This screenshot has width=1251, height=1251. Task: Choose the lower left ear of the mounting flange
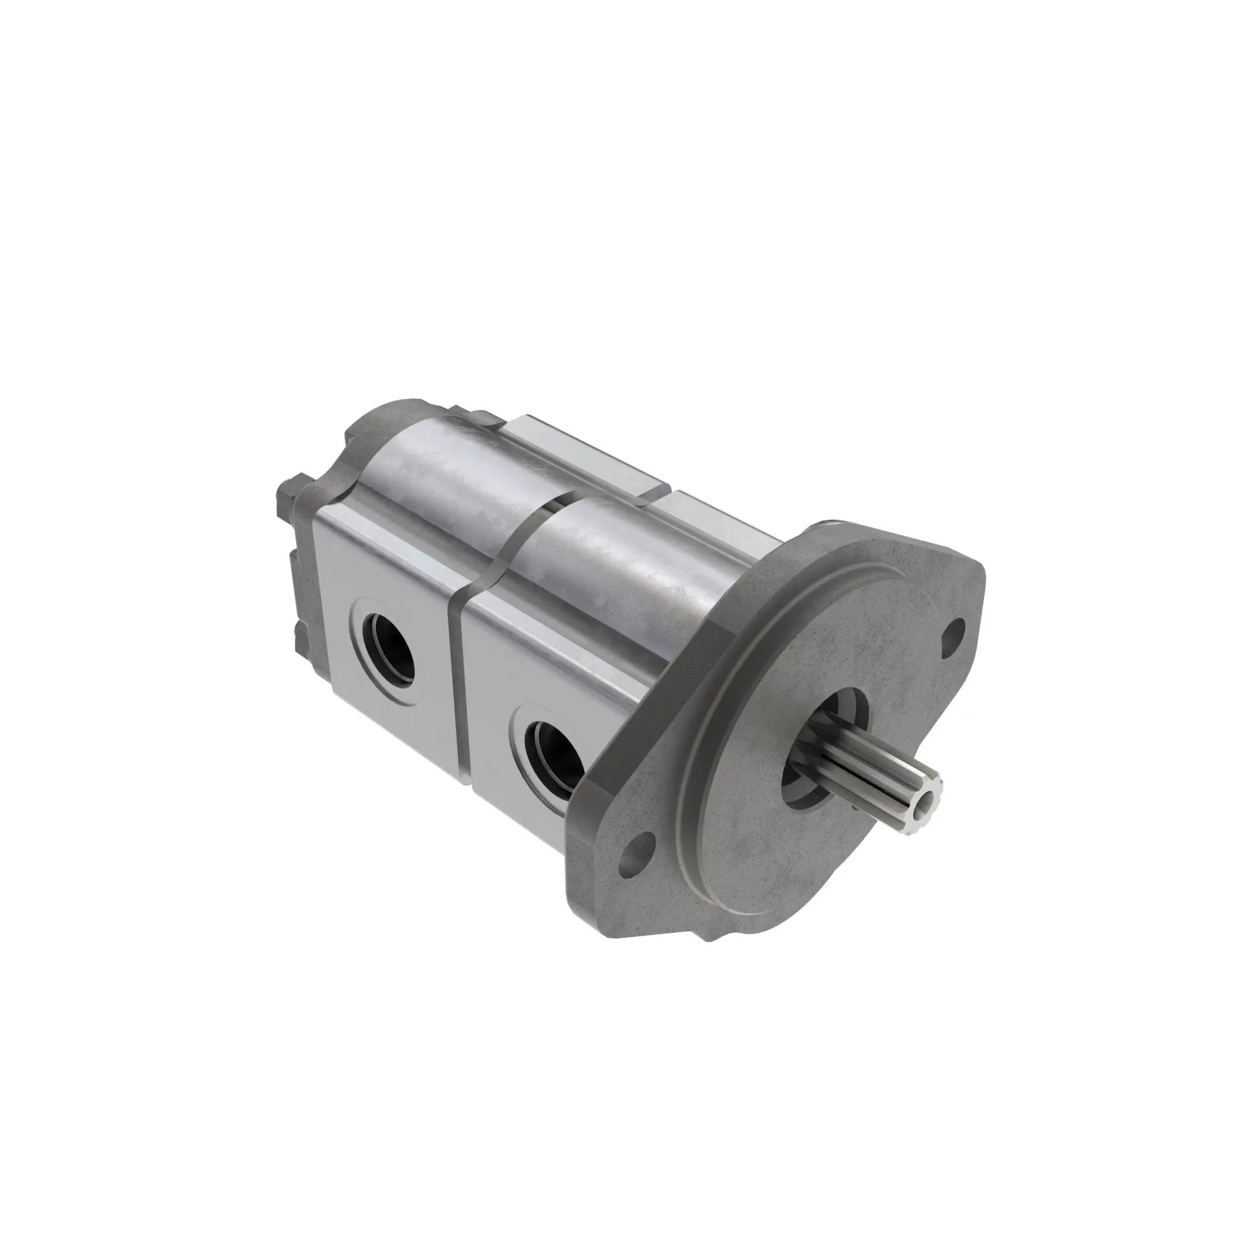tap(622, 868)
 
